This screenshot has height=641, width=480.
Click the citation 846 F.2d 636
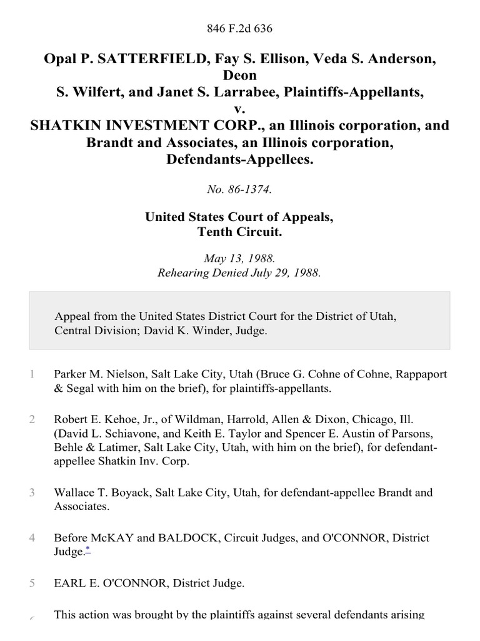[240, 29]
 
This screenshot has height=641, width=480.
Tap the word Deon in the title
[240, 76]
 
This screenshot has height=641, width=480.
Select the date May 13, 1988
[240, 258]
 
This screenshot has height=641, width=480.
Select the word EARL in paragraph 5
[67, 583]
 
